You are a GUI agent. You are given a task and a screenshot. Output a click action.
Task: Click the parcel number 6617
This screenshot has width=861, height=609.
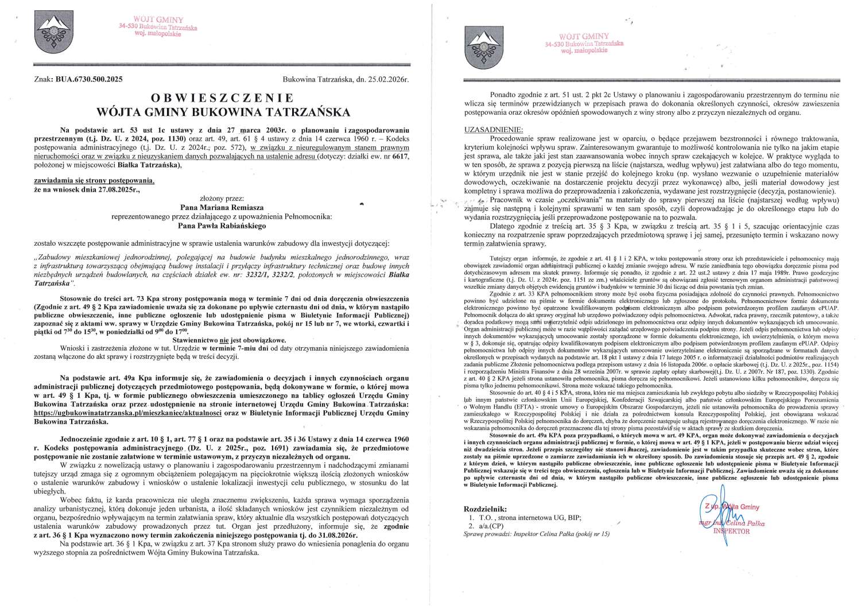point(400,157)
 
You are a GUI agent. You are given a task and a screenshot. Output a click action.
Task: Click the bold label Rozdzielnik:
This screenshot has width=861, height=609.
point(485,509)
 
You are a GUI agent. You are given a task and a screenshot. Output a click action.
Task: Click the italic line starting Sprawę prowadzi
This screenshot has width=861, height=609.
point(536,534)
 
